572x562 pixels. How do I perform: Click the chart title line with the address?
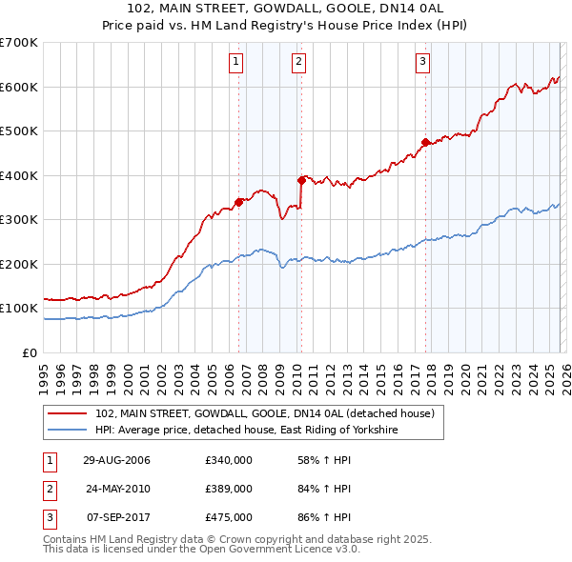point(286,9)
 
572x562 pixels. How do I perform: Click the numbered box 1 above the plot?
point(236,63)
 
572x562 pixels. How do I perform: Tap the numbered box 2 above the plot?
point(298,63)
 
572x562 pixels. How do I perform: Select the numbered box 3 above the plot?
point(422,63)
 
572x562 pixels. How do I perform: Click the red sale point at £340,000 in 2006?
point(239,202)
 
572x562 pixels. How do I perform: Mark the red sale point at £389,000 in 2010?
point(301,180)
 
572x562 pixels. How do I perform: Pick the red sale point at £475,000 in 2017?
point(425,143)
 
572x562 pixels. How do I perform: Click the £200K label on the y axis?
point(21,264)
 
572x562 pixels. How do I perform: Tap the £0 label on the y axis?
point(30,352)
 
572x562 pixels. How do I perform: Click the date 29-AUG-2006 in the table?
point(117,460)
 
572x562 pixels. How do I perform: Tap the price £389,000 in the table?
point(229,489)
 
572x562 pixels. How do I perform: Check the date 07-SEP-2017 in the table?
point(117,517)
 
